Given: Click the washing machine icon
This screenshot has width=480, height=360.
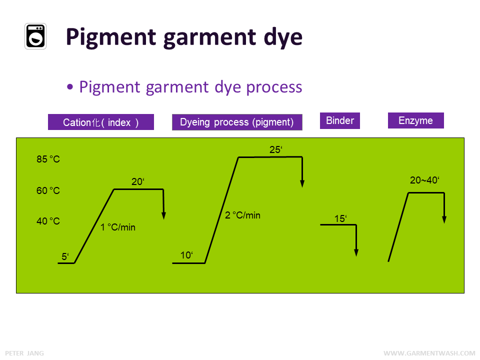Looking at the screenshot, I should pyautogui.click(x=35, y=36).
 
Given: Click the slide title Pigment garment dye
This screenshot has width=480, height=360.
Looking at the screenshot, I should pyautogui.click(x=184, y=37).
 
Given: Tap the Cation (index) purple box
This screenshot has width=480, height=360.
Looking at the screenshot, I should pyautogui.click(x=100, y=122).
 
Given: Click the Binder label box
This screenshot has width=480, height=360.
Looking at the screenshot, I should pyautogui.click(x=340, y=121).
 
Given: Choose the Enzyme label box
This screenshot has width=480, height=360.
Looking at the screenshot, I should pyautogui.click(x=415, y=120).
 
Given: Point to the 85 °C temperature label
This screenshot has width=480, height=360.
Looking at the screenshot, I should pyautogui.click(x=48, y=159).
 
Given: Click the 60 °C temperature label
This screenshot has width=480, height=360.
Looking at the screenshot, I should pyautogui.click(x=48, y=190).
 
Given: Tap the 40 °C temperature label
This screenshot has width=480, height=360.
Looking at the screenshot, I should pyautogui.click(x=48, y=221).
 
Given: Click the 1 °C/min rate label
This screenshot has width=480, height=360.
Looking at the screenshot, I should pyautogui.click(x=118, y=227).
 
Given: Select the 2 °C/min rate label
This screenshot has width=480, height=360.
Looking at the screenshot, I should pyautogui.click(x=242, y=215).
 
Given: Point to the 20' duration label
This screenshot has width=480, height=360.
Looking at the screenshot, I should pyautogui.click(x=137, y=182).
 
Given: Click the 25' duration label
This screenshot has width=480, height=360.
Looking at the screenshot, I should pyautogui.click(x=276, y=149).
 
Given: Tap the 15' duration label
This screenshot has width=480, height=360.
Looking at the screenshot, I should pyautogui.click(x=340, y=218).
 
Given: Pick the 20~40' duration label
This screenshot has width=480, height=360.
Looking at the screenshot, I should pyautogui.click(x=424, y=180).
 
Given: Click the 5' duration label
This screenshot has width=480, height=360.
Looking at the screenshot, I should pyautogui.click(x=65, y=257).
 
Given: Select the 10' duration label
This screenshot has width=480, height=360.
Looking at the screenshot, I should pyautogui.click(x=186, y=255).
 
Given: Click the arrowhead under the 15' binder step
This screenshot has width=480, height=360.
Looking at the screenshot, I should pyautogui.click(x=356, y=252).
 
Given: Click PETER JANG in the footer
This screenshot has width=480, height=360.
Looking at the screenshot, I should pyautogui.click(x=24, y=353).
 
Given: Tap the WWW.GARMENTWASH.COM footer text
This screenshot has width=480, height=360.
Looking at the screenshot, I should pyautogui.click(x=429, y=353).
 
